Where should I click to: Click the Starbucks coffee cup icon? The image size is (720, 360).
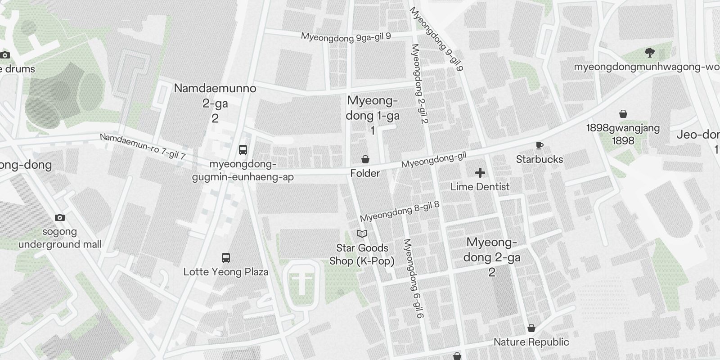click(x=539, y=145)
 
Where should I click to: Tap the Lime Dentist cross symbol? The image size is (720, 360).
click(x=480, y=173)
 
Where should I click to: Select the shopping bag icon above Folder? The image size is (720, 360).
click(x=365, y=159)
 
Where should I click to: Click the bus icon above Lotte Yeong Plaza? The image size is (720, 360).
click(x=226, y=258)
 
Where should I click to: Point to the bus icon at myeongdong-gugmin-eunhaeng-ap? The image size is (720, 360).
click(x=243, y=149)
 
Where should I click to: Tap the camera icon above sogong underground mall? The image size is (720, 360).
click(x=59, y=218)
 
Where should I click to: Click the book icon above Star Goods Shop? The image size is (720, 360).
click(x=362, y=234)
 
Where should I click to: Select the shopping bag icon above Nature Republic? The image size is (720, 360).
click(x=531, y=328)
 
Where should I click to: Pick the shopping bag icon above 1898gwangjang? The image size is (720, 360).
click(x=623, y=114)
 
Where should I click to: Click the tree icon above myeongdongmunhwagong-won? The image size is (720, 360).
click(x=649, y=53)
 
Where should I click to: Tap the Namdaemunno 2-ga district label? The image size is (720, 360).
click(x=215, y=103)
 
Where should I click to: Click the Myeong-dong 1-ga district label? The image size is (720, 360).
click(x=372, y=115)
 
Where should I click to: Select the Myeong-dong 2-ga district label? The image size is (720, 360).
click(x=491, y=257)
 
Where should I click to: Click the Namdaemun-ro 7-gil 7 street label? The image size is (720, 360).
click(x=143, y=146)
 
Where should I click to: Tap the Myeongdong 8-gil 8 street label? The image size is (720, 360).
click(x=399, y=211)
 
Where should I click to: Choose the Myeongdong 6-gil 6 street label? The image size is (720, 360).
click(x=414, y=279)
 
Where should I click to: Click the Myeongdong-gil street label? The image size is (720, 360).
click(x=433, y=160)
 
